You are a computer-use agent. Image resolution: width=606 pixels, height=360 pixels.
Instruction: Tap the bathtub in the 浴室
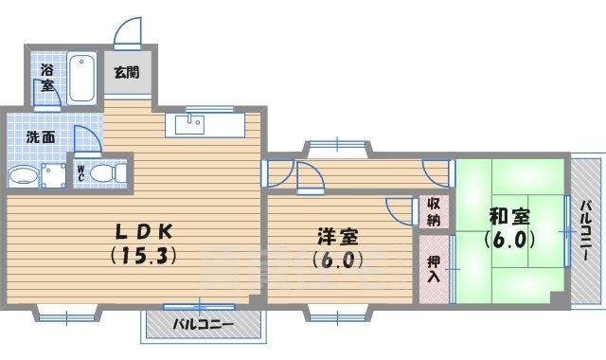click(x=83, y=77)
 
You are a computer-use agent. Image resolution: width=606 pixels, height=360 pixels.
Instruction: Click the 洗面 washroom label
click(x=40, y=136)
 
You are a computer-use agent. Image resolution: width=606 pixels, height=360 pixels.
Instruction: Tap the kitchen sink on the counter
click(x=192, y=123)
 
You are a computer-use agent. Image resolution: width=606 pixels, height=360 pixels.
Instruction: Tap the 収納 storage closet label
click(x=433, y=212)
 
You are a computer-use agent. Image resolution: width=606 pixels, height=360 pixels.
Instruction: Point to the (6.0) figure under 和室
click(x=509, y=239)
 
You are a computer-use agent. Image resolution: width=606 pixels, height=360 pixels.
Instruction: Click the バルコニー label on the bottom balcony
click(x=203, y=325)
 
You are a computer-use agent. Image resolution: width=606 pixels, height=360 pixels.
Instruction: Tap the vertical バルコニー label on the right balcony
click(x=587, y=233)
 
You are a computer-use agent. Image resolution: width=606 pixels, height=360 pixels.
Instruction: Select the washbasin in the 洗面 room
click(x=21, y=176)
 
